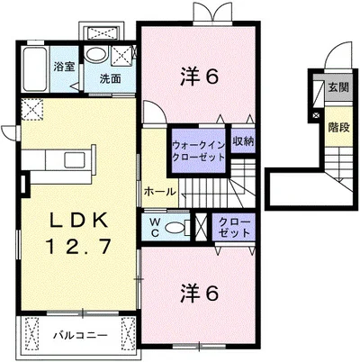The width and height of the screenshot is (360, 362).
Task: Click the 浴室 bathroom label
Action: coord(64,67)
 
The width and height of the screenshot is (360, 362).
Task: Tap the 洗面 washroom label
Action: coord(110,78)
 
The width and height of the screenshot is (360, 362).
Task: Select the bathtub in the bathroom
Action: coord(35,69)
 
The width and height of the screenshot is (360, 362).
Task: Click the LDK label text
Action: coord(78,222)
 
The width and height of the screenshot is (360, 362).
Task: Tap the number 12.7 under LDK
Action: coord(78,246)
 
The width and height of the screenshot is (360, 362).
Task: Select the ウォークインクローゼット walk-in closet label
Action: coord(198,151)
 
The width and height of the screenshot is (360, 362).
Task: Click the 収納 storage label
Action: coord(243,141)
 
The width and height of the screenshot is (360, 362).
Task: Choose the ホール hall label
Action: coord(159,192)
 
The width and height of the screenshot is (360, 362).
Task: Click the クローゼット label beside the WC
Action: coord(234,227)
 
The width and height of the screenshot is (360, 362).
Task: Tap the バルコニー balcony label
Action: coord(80,335)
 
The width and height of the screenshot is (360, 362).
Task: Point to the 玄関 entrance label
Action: coord(338,87)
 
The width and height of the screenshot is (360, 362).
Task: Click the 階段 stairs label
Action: coord(338,128)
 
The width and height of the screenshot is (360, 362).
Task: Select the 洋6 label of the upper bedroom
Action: coord(199,77)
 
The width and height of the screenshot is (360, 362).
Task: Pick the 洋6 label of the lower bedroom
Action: coord(199,294)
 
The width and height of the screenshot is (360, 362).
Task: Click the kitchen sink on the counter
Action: coord(75,159)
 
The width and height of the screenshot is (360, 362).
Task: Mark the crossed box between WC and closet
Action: coord(201,227)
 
